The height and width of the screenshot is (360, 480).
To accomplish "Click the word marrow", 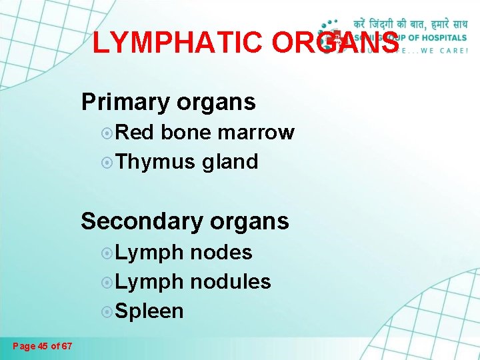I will [x=261, y=133].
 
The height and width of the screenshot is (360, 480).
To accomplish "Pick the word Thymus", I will [x=155, y=161].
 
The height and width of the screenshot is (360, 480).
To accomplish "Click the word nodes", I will [x=221, y=252].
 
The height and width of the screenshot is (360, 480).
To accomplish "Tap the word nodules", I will [x=230, y=281].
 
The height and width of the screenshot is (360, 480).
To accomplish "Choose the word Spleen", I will [x=149, y=311].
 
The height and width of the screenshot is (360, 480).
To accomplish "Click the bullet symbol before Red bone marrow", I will [x=107, y=133].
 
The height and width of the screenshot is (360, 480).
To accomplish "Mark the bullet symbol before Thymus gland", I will [x=107, y=162].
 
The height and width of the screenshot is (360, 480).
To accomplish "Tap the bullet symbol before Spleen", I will [x=107, y=311].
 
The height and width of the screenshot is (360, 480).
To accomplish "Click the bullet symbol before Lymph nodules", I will [x=107, y=282].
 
